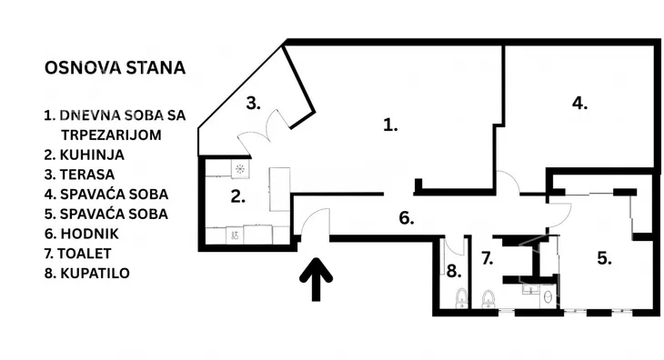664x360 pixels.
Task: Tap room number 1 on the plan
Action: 390,125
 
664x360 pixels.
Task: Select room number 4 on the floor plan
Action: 579,103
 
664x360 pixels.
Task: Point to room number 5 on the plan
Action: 604,257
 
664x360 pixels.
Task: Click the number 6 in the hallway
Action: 407,217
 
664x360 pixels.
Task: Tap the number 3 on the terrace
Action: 254,102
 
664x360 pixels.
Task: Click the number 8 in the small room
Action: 453,270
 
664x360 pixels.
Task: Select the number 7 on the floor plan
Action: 487,258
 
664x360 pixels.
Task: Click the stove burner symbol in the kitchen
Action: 238,169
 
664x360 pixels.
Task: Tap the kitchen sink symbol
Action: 236,235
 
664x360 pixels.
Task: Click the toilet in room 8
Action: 461,297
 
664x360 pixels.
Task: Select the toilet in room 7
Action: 489,297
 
